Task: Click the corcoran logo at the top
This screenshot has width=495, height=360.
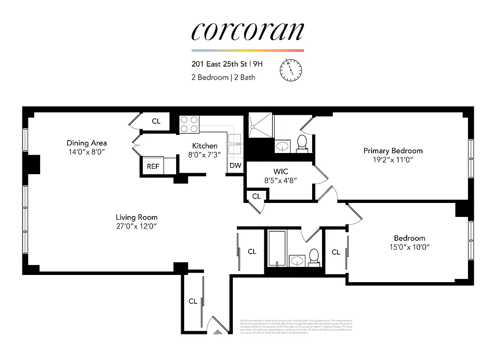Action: tap(247, 31)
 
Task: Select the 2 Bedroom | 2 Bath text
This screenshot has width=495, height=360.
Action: tap(223, 77)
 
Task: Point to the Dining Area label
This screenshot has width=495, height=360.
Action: tap(86, 143)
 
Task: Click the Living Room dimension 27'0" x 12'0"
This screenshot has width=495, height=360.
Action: tap(137, 226)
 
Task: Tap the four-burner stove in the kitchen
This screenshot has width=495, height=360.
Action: tap(190, 124)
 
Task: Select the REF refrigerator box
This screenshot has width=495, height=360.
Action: tap(153, 166)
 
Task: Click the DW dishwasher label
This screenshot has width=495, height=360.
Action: tap(235, 166)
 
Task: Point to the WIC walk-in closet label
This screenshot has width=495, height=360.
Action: tap(281, 171)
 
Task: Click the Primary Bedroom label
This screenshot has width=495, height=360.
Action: tap(393, 151)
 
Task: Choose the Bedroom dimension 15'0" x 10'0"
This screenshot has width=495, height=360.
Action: tap(409, 247)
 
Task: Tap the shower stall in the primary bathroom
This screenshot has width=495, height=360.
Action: tap(260, 126)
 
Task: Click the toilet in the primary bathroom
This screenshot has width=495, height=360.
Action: tap(302, 143)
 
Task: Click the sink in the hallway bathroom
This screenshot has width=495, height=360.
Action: tap(297, 260)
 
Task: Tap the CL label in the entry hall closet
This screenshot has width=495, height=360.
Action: tap(193, 301)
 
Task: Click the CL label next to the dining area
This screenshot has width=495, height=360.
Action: tap(156, 121)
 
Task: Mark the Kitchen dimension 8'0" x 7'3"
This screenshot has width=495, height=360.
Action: tap(205, 154)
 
